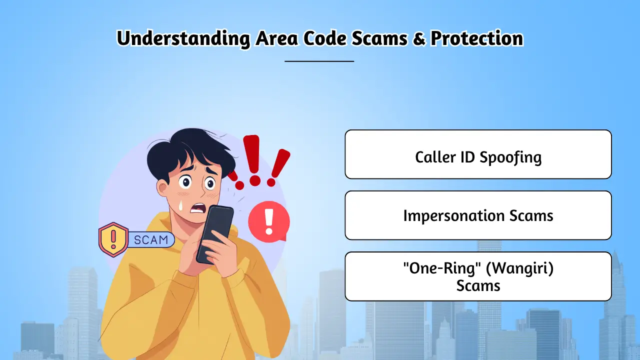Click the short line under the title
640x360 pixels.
(x=319, y=61)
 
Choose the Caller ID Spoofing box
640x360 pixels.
(x=478, y=154)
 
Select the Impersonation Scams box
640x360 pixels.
(x=478, y=215)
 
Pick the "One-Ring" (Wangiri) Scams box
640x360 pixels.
(x=478, y=276)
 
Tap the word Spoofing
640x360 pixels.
(x=510, y=158)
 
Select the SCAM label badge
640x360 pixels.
(x=151, y=239)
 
